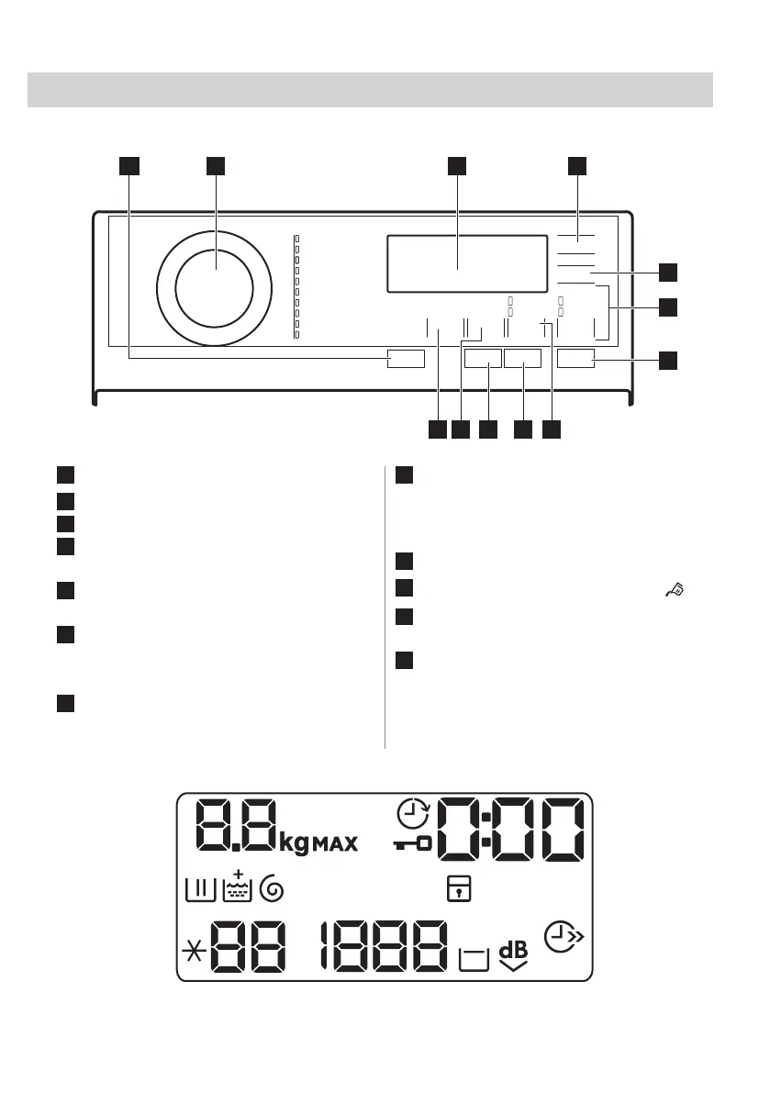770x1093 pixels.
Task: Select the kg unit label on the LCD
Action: click(x=294, y=843)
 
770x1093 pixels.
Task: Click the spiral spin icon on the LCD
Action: click(x=272, y=888)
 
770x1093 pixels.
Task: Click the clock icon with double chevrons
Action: click(x=562, y=937)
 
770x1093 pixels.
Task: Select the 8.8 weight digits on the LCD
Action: click(x=236, y=825)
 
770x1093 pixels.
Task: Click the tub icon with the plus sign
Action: click(x=238, y=887)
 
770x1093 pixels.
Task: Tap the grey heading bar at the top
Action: click(x=370, y=90)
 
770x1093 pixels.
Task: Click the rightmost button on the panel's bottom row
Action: click(x=575, y=358)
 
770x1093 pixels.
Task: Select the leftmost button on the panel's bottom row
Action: click(x=406, y=359)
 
